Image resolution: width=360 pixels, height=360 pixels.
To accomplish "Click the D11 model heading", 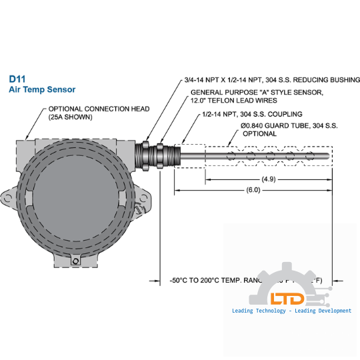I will pyautogui.click(x=17, y=77).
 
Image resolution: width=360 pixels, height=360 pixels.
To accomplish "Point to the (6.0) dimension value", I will pyautogui.click(x=253, y=190).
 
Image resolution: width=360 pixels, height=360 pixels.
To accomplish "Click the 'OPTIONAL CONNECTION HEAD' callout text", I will pyautogui.click(x=99, y=109).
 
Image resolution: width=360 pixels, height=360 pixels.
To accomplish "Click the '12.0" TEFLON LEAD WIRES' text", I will pyautogui.click(x=235, y=101).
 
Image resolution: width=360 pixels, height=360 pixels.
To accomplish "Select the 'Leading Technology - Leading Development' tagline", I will pyautogui.click(x=291, y=311).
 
